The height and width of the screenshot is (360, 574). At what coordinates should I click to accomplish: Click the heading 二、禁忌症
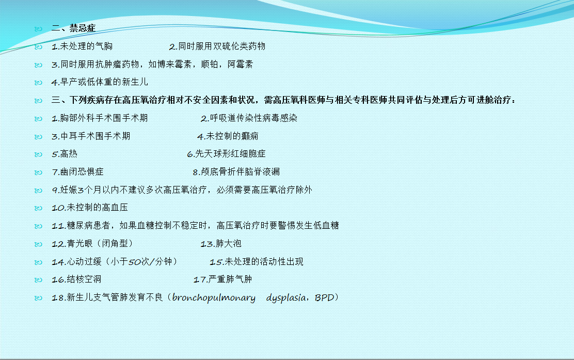[73, 28]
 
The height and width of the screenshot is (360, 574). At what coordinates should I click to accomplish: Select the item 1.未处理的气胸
[82, 46]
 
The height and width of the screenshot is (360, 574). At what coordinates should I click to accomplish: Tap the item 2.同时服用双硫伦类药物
[217, 46]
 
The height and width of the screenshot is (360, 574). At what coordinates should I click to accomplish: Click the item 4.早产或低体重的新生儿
[100, 82]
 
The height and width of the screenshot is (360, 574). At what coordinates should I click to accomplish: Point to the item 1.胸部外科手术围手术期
[100, 118]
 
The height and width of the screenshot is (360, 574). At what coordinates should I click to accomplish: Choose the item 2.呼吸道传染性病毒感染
[249, 118]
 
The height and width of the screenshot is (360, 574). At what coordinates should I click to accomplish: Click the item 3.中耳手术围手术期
[91, 136]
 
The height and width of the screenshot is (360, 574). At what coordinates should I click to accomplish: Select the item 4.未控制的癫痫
[228, 136]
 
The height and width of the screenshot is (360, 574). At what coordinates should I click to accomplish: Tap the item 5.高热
[65, 154]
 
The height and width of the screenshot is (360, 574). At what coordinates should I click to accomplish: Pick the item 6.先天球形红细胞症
[226, 154]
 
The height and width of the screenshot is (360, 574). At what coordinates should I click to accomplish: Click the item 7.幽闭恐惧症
[77, 172]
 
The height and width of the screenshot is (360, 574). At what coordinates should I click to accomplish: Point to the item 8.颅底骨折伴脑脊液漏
[236, 172]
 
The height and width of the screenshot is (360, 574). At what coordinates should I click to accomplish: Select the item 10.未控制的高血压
[90, 208]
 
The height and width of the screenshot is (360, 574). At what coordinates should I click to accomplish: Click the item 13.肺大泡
[221, 244]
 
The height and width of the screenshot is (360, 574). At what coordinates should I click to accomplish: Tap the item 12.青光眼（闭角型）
[92, 244]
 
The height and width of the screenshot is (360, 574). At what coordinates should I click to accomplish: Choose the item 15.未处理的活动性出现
[256, 261]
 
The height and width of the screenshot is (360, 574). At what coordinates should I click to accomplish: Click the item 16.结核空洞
[76, 279]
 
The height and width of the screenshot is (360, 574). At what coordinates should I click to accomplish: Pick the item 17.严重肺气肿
[222, 279]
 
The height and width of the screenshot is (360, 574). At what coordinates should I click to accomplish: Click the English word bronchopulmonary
[214, 298]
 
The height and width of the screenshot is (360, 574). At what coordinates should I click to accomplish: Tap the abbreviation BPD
[324, 298]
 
